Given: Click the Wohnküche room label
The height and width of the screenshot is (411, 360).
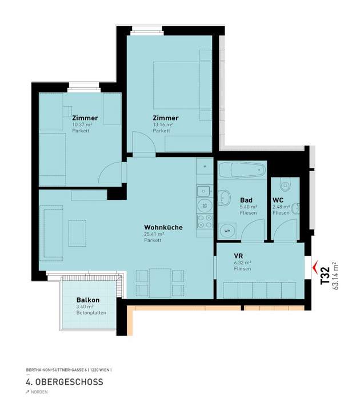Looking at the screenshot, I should tap(163, 227).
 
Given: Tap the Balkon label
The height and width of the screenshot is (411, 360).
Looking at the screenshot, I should tap(88, 300).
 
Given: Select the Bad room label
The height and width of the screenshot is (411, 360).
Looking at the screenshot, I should tap(247, 200).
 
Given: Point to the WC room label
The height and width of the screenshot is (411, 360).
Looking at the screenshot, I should tap(278, 200).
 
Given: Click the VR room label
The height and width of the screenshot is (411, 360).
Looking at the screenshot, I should tap(239, 256).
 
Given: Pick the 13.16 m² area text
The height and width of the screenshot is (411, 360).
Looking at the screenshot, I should tap(162, 124).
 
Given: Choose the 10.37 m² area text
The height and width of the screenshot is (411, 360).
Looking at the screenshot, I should tap(82, 124).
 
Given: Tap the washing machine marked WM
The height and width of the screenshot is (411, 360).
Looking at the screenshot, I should tap(227, 231).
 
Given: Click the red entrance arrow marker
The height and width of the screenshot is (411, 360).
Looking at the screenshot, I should tap(314, 264).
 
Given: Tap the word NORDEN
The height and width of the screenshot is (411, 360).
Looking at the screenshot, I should tap(39, 392).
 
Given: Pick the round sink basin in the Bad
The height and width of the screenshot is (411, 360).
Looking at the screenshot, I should tap(225, 199).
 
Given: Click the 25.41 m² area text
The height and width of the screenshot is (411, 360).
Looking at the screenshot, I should tap(154, 234).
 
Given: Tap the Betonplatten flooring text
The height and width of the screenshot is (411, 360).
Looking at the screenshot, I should tap(91, 313).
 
